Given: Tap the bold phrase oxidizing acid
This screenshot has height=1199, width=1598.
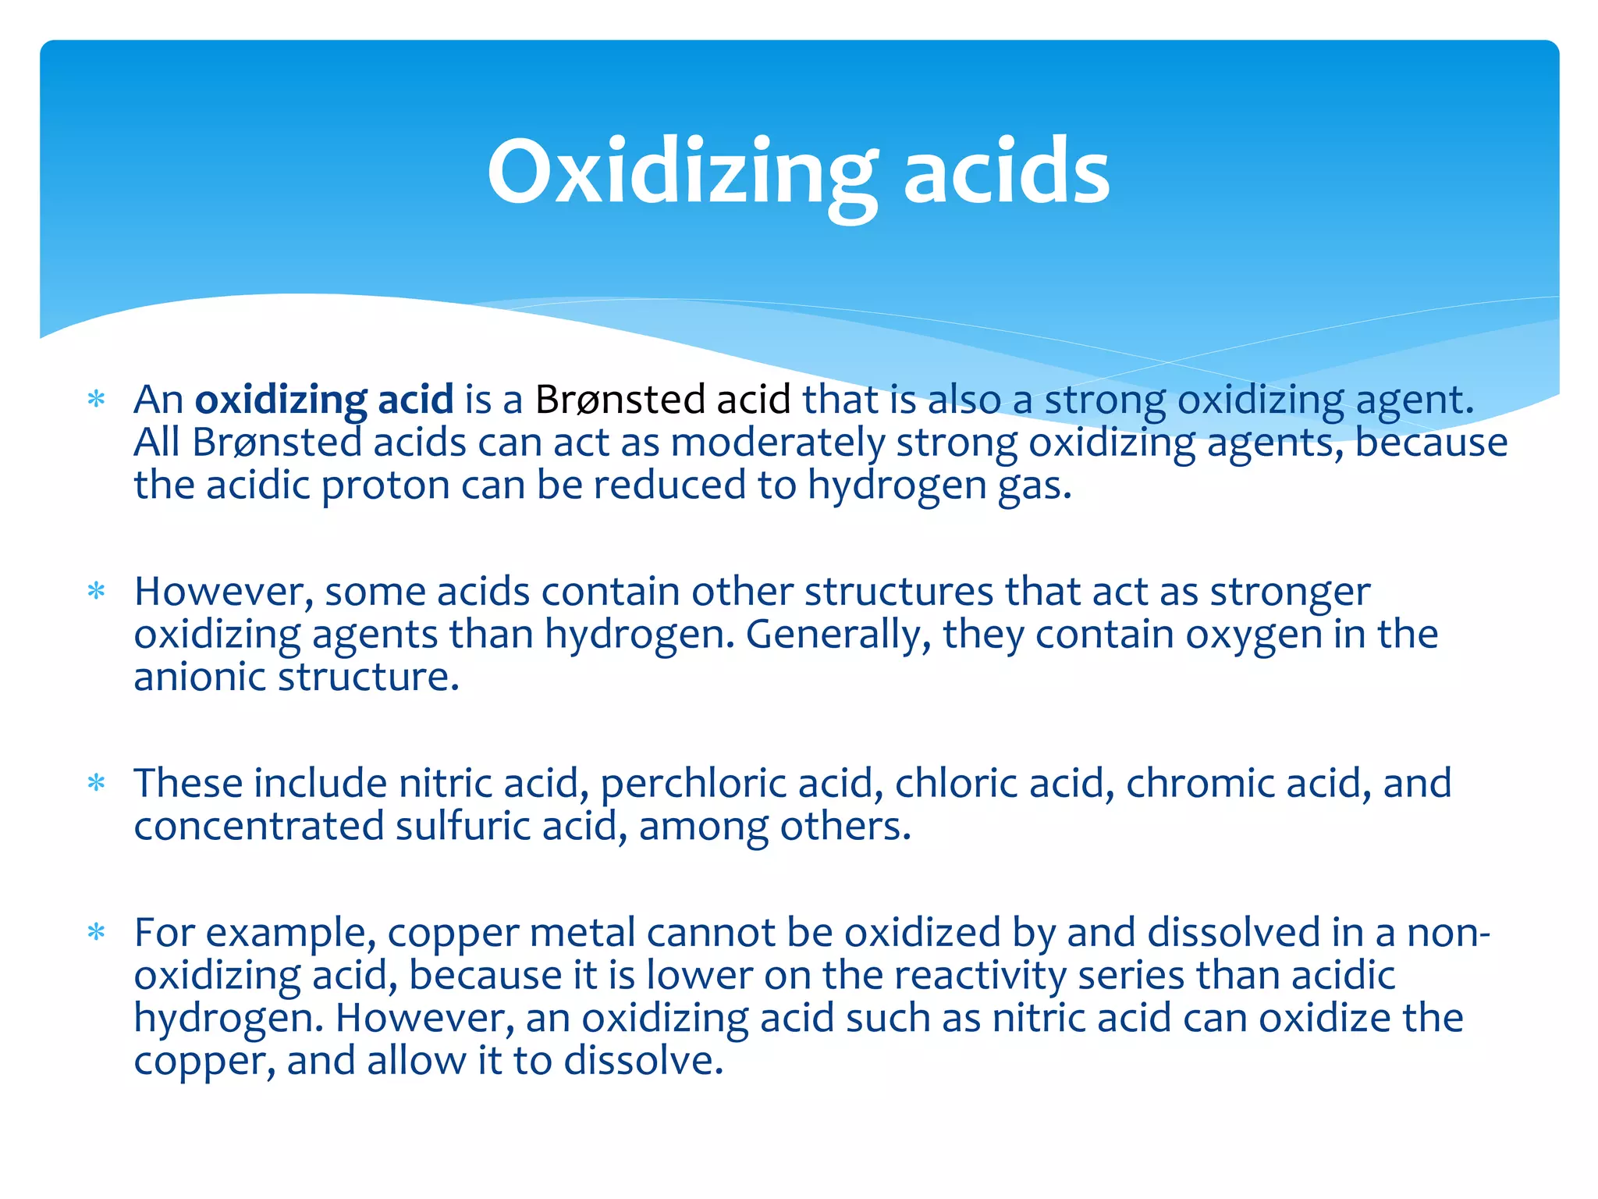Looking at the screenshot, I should click(x=324, y=400).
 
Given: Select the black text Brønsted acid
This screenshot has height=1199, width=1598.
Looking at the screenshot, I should click(x=662, y=400).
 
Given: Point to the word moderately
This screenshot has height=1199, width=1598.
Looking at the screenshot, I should click(x=777, y=443).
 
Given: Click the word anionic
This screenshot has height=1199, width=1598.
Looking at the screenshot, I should click(x=201, y=677).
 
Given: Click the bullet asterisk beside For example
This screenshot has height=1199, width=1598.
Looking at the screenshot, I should click(x=96, y=933).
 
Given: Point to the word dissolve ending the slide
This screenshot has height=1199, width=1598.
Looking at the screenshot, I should click(x=643, y=1061).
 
